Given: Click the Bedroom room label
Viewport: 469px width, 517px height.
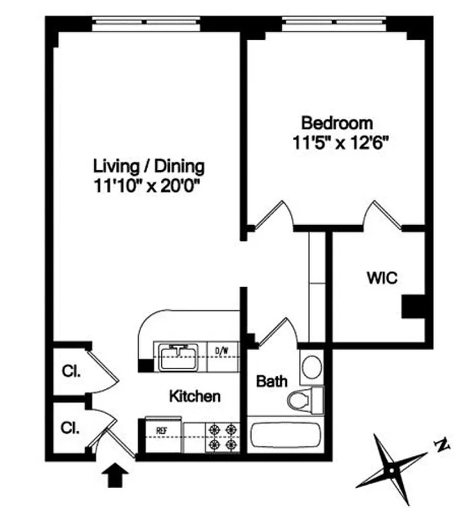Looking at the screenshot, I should click(x=337, y=122).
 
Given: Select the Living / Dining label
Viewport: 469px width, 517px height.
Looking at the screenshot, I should click(x=149, y=166).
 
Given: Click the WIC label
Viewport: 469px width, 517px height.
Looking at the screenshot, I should click(x=382, y=279).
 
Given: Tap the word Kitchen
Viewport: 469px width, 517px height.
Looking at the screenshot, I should click(x=195, y=396).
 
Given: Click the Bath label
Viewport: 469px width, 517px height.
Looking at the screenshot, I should click(x=272, y=381).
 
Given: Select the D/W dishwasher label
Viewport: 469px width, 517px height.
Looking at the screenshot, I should click(x=222, y=351).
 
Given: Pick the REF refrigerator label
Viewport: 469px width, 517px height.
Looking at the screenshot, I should click(x=160, y=429).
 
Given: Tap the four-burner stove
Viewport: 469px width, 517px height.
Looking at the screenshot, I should click(x=222, y=436).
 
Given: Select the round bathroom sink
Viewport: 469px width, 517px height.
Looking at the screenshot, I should click(x=312, y=366).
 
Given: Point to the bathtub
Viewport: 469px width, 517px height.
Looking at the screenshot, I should click(x=285, y=437).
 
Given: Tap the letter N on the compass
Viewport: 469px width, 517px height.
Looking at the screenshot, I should click(x=442, y=445).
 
